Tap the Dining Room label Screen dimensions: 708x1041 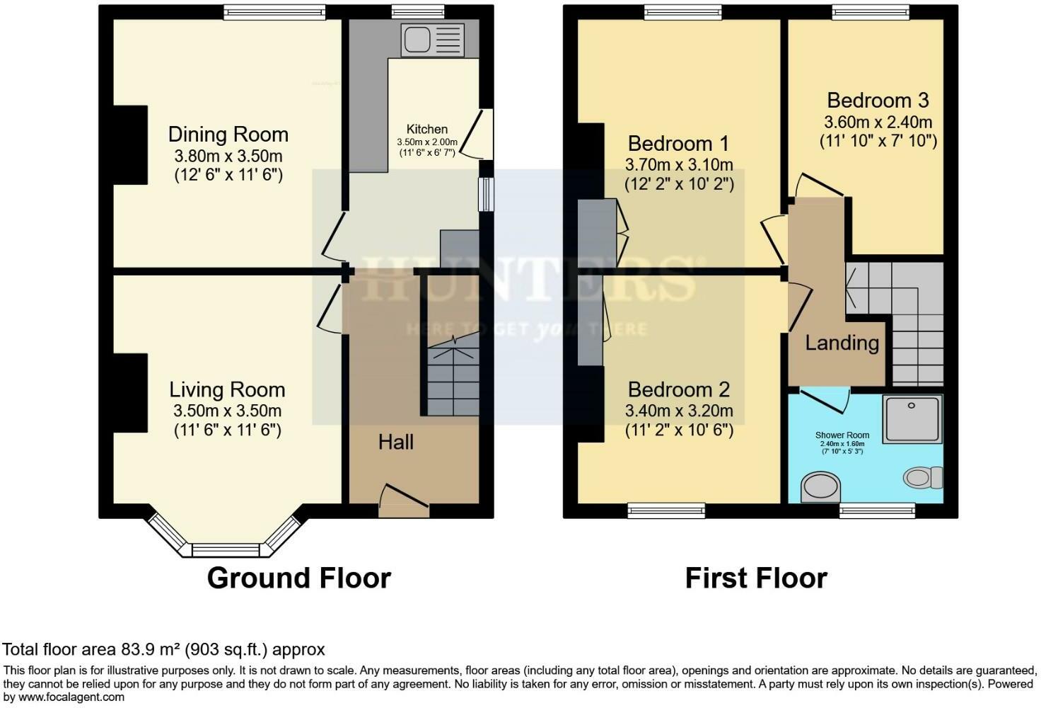228,134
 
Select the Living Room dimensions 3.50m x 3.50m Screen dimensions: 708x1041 227,411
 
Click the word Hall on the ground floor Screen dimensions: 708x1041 395,442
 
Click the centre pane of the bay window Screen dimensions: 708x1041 226,549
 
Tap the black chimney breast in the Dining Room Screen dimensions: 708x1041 131,145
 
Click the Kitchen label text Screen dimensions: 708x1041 426,129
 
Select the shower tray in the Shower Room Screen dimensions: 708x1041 912,419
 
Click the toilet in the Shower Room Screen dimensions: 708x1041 923,477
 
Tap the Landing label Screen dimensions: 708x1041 842,343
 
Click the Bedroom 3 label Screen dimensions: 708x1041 878,100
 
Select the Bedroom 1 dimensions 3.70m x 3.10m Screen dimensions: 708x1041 678,164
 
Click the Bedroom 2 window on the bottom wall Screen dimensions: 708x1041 666,510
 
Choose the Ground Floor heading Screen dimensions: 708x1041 298,578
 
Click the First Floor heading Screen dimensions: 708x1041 756,578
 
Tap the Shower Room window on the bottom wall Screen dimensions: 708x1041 877,510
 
